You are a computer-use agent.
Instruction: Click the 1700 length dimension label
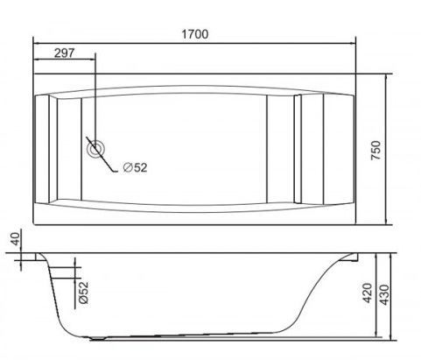pyautogui.click(x=195, y=34)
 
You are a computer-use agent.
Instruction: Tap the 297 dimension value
pyautogui.click(x=65, y=53)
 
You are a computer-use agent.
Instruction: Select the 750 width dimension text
pyautogui.click(x=375, y=150)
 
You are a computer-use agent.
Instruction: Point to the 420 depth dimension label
pyautogui.click(x=367, y=293)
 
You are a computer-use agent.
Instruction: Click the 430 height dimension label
pyautogui.click(x=384, y=295)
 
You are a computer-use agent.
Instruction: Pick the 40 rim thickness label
pyautogui.click(x=16, y=238)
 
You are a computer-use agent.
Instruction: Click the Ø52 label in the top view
pyautogui.click(x=135, y=167)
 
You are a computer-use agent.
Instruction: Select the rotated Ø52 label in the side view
pyautogui.click(x=83, y=293)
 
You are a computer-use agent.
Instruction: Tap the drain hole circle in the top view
pyautogui.click(x=95, y=149)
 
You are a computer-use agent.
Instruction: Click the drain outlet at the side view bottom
pyautogui.click(x=97, y=339)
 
